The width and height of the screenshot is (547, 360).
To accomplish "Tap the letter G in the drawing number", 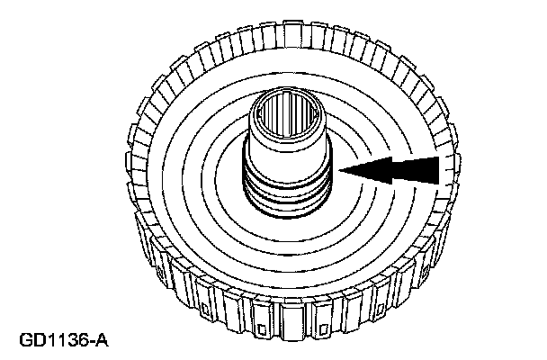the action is pos(25,343).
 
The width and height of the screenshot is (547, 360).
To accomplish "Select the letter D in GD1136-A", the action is pos(38,343).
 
